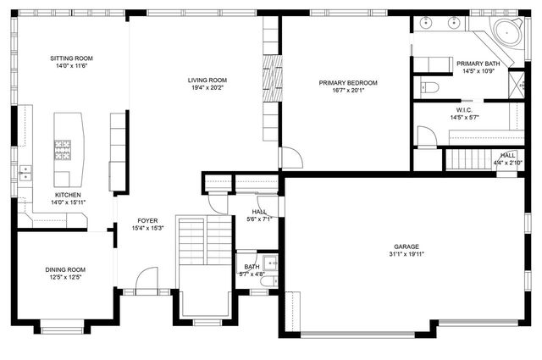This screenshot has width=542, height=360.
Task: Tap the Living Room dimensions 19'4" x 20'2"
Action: click(207, 88)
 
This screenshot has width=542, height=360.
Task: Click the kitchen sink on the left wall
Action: click(25, 174)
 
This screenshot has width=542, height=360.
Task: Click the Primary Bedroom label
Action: click(347, 82)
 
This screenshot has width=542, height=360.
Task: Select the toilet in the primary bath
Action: click(428, 86)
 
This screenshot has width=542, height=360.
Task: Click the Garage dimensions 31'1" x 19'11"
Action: click(406, 253)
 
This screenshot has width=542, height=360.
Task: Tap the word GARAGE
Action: click(406, 246)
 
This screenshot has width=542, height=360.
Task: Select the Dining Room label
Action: click(65, 269)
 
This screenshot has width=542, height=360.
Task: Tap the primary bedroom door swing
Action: click(290, 158)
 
